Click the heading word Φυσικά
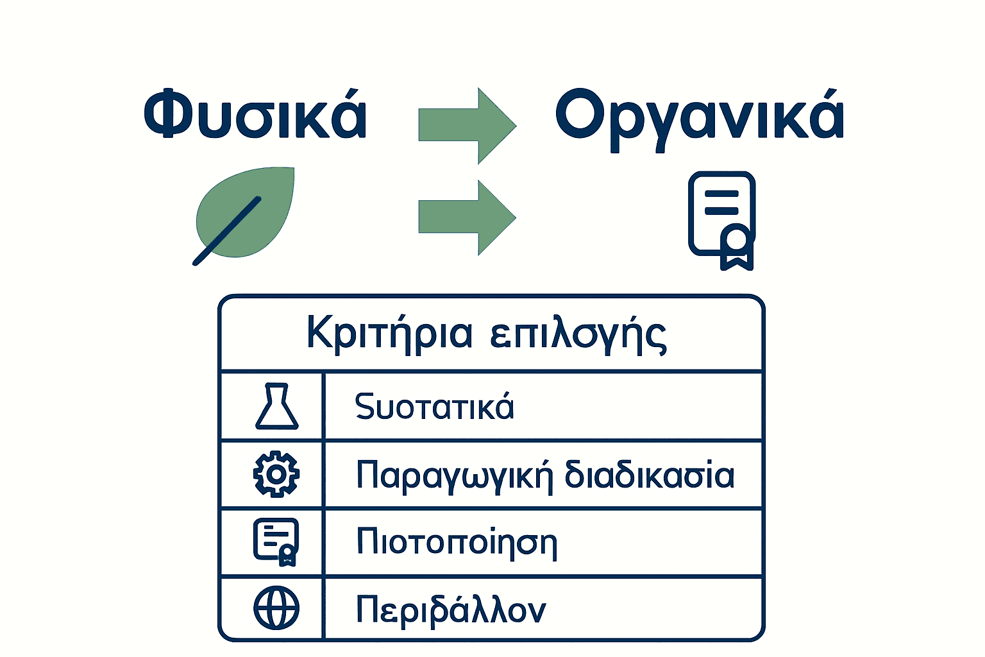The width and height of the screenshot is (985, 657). (255, 115)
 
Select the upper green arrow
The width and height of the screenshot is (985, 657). (467, 126)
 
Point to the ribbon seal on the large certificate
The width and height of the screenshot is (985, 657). (736, 243)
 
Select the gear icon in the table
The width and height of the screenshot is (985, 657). (276, 474)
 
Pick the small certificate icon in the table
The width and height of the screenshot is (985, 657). (276, 542)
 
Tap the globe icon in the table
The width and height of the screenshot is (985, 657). (276, 608)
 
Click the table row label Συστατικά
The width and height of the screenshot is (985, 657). (434, 407)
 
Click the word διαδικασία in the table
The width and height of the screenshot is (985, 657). (649, 475)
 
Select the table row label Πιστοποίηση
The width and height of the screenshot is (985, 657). (457, 542)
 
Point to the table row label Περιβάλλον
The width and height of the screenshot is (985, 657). (451, 610)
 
